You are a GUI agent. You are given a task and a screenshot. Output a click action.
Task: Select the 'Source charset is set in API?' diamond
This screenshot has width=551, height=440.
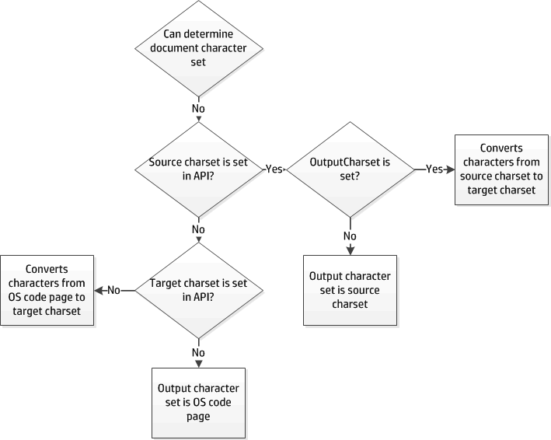pos(198,169)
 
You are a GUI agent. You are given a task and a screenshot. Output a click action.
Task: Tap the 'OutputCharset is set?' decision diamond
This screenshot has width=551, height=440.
pos(350,169)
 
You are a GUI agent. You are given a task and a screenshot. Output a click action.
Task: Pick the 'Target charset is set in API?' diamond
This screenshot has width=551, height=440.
pos(198,290)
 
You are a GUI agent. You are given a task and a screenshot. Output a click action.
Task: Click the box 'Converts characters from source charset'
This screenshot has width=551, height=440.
pos(500,169)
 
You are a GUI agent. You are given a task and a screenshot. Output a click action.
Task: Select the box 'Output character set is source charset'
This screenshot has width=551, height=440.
pos(350,290)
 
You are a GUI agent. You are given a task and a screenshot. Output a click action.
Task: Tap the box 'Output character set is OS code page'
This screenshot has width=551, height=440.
pos(198,402)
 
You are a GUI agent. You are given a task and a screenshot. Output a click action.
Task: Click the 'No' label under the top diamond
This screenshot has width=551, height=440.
pos(198,108)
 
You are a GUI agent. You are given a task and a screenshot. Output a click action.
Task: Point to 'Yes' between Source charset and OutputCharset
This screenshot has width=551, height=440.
pos(274,169)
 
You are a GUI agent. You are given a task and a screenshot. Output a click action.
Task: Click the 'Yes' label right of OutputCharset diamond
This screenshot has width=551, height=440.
pos(434,169)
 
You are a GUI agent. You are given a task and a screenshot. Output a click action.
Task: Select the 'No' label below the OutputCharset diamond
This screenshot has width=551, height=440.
pos(350,236)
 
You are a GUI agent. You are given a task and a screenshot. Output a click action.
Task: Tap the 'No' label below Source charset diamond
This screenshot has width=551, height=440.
pos(198,229)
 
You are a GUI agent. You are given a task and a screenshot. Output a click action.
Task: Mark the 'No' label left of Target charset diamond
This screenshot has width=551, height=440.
pos(113,290)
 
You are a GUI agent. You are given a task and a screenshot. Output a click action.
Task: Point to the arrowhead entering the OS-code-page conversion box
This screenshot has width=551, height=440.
pos(99,290)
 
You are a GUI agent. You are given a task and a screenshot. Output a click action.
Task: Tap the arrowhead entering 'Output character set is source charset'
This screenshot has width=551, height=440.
pos(350,250)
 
